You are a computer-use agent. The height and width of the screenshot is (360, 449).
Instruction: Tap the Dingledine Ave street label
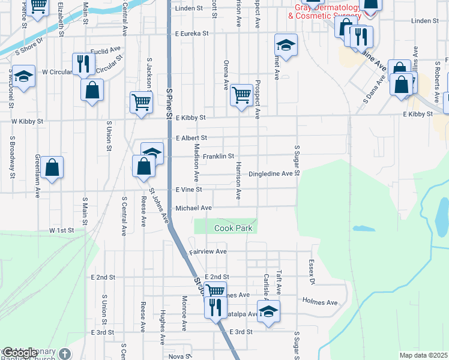274,173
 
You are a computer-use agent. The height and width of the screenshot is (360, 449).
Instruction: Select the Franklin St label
218,157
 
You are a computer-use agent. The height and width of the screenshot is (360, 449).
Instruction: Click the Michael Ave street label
194,208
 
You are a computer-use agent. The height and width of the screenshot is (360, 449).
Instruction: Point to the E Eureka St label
191,34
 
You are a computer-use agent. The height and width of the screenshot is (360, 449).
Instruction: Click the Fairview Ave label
208,251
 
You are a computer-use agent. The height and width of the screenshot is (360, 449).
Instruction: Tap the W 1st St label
61,230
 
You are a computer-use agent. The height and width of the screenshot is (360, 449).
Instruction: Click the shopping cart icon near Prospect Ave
241,94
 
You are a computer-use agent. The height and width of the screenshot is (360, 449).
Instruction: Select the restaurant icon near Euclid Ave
83,63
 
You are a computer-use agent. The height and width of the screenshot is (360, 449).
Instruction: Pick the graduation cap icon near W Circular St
24,76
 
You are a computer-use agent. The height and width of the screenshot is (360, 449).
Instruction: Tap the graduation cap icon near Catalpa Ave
269,311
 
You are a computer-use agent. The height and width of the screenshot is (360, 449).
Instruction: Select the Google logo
20,353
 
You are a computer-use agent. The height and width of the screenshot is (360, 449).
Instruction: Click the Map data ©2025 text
423,355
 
